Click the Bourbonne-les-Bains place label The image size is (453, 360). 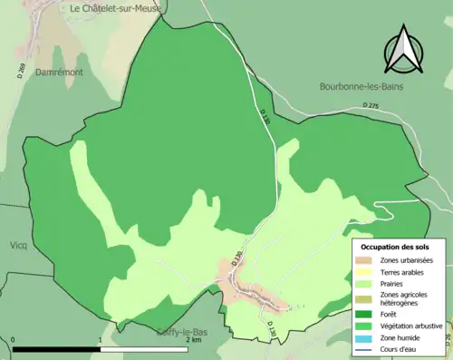[x=361, y=87]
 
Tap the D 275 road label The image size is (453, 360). [x=371, y=106]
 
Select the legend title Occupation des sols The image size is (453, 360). [x=396, y=247]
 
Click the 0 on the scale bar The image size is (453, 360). [x=14, y=340]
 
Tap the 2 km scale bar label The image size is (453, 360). [x=192, y=340]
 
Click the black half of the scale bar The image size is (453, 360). [x=56, y=349]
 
